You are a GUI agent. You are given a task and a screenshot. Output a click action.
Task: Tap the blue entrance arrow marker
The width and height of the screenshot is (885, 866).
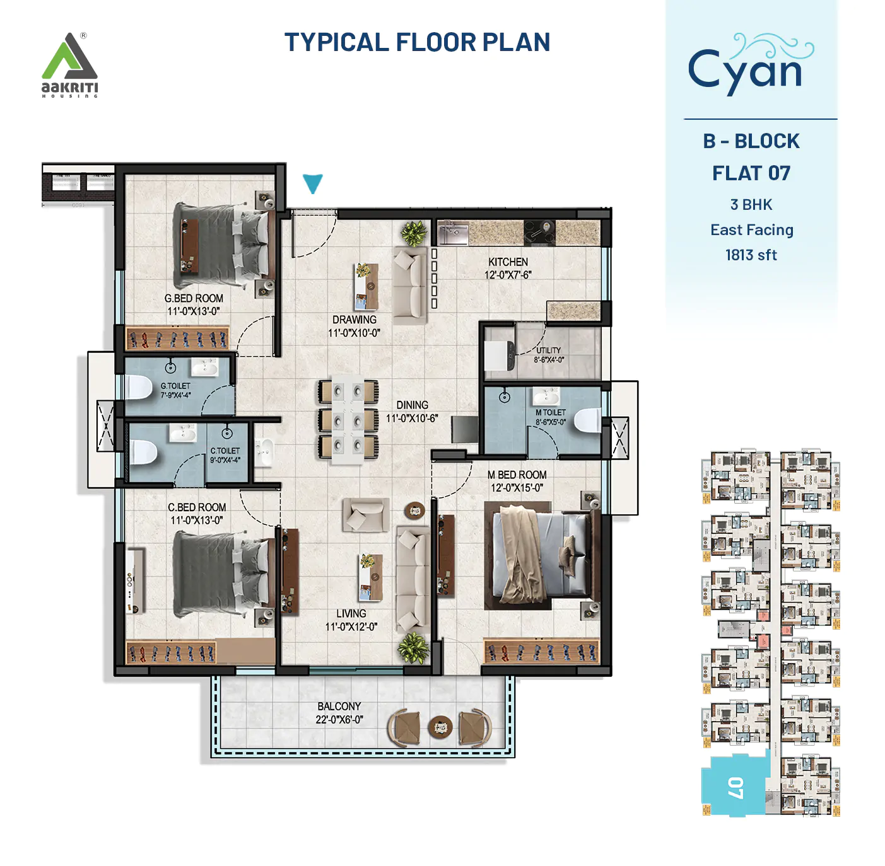312,183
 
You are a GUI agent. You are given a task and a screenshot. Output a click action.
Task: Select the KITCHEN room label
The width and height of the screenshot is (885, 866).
508,262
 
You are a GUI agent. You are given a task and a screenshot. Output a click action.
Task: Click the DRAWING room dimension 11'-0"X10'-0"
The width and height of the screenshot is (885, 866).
354,333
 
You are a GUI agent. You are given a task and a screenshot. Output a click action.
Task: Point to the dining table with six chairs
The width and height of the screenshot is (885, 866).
348,419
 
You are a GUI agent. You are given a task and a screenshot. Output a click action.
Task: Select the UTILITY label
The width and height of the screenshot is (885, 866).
548,350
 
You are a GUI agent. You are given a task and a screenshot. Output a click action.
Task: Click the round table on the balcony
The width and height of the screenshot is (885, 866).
440,727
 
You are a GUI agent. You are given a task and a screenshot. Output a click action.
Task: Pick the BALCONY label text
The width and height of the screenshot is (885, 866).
339,707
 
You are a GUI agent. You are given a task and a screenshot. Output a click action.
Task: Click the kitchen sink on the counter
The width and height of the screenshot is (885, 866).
453,233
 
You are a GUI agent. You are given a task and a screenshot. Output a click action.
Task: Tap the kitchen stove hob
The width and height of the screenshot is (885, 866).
539,232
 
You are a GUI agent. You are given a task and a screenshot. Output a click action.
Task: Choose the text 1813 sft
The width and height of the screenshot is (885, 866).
751,255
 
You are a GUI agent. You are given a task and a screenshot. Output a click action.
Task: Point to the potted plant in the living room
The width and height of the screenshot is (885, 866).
414,647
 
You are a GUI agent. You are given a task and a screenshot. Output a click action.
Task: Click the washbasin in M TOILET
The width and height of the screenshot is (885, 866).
546,396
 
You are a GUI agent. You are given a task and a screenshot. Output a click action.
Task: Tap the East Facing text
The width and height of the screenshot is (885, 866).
751,230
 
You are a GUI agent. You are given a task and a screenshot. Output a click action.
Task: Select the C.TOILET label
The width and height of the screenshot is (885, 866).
225,451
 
